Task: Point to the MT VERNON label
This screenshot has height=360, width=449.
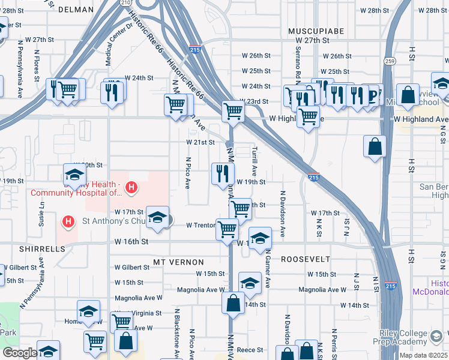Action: pyautogui.click(x=178, y=262)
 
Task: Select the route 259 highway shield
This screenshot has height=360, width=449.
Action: pyautogui.click(x=390, y=61)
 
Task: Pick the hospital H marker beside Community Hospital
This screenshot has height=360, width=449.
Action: pyautogui.click(x=131, y=188)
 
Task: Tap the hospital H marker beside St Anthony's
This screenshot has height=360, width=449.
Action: pyautogui.click(x=68, y=221)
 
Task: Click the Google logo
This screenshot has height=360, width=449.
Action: pyautogui.click(x=20, y=353)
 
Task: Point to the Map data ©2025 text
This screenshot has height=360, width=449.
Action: pyautogui.click(x=423, y=355)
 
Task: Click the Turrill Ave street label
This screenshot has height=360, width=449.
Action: pyautogui.click(x=255, y=160)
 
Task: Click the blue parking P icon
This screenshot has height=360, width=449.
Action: pyautogui.click(x=373, y=94)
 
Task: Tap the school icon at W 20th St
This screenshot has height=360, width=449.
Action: pyautogui.click(x=75, y=175)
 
